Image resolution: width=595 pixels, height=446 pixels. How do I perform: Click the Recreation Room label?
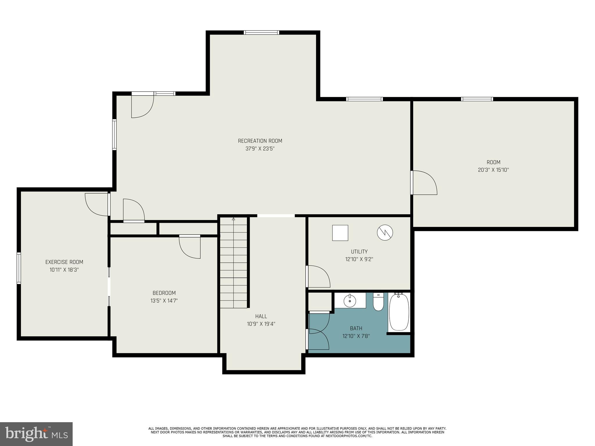(260, 141)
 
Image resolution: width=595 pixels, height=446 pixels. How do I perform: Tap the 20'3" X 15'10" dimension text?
(493, 170)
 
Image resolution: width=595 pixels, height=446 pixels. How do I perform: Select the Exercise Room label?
(64, 262)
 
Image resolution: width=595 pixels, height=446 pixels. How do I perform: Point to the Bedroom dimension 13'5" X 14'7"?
(164, 301)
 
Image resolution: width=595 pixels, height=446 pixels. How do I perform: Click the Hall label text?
(261, 316)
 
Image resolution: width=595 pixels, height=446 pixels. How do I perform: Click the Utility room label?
(359, 252)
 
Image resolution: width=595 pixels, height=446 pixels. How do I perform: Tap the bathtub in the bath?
(399, 312)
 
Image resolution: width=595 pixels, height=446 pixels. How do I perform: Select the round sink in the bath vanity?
(350, 301)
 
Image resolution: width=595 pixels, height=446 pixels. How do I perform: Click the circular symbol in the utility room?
(385, 232)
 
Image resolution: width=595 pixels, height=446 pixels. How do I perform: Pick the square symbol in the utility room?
(340, 233)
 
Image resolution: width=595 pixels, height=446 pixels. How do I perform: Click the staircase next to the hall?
(234, 263)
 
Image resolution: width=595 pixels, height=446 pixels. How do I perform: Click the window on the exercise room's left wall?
(19, 268)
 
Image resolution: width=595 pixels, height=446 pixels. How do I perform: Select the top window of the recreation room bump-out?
(261, 33)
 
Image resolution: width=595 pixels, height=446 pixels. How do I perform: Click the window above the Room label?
(477, 99)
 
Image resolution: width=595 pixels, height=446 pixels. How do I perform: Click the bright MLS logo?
(36, 434)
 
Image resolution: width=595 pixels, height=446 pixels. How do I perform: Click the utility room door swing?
(318, 276)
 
